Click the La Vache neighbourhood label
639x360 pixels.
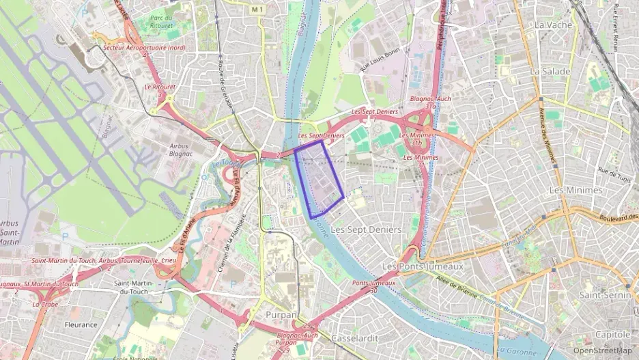click(553, 25)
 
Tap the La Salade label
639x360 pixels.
click(550, 71)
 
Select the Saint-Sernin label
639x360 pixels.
click(603, 294)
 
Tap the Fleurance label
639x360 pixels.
click(81, 324)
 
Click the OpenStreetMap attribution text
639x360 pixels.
click(602, 350)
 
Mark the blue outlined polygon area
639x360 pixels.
click(319, 181)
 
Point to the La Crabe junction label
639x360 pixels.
click(45, 304)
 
